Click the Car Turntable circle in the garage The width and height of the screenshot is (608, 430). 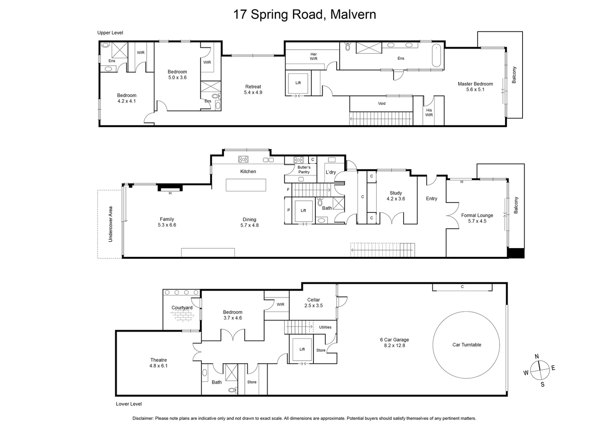[466, 345]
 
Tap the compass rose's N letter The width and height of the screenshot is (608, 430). [536, 356]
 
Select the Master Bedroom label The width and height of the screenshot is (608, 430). [475, 84]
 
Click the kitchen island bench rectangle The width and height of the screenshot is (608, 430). [246, 185]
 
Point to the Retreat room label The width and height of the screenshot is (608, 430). [253, 87]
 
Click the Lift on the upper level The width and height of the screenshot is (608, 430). [298, 83]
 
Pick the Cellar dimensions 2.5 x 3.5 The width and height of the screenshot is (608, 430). [313, 306]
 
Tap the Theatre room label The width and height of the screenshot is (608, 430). [158, 360]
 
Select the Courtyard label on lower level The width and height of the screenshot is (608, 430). [182, 308]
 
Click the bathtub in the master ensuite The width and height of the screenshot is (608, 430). [436, 56]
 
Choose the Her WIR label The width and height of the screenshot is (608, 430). [313, 57]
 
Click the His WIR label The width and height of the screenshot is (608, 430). [429, 113]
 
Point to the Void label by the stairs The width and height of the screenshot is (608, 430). [381, 104]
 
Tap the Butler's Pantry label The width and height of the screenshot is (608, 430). [304, 170]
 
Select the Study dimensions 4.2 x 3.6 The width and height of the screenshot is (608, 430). [396, 199]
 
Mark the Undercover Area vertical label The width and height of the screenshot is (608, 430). [111, 224]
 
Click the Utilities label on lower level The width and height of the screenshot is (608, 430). [325, 327]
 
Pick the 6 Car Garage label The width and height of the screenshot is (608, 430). [394, 340]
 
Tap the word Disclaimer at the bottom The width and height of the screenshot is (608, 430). [143, 418]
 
